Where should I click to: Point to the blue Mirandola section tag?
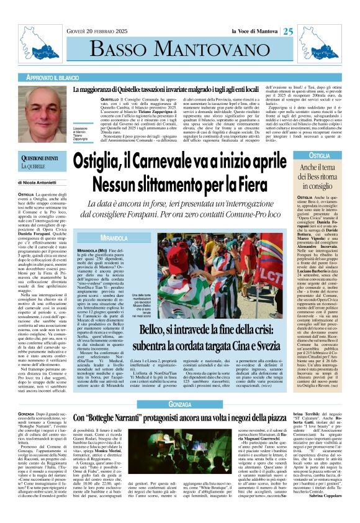[x=101, y=238]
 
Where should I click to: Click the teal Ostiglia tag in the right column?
[x=320, y=156]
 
